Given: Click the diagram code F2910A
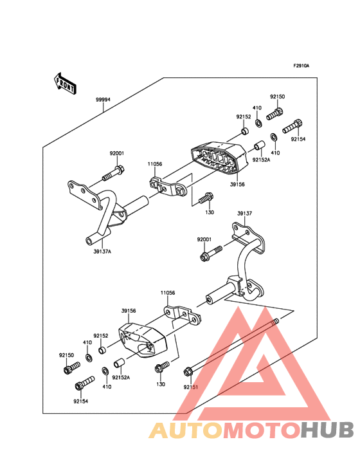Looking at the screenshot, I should (x=301, y=66).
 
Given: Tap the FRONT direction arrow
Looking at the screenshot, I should (x=65, y=82).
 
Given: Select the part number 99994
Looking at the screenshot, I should (x=103, y=100).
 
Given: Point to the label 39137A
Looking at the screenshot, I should (x=101, y=252).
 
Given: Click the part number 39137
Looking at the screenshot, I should (x=244, y=213).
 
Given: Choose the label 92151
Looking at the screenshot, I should (x=190, y=387).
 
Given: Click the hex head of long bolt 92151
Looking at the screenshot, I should (x=188, y=371).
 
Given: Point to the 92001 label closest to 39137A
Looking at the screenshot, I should (x=116, y=153).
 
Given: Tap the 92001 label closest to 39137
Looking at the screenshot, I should (x=204, y=239).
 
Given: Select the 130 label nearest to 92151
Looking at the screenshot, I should (x=161, y=384).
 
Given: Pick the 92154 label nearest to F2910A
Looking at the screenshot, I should (x=298, y=139).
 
